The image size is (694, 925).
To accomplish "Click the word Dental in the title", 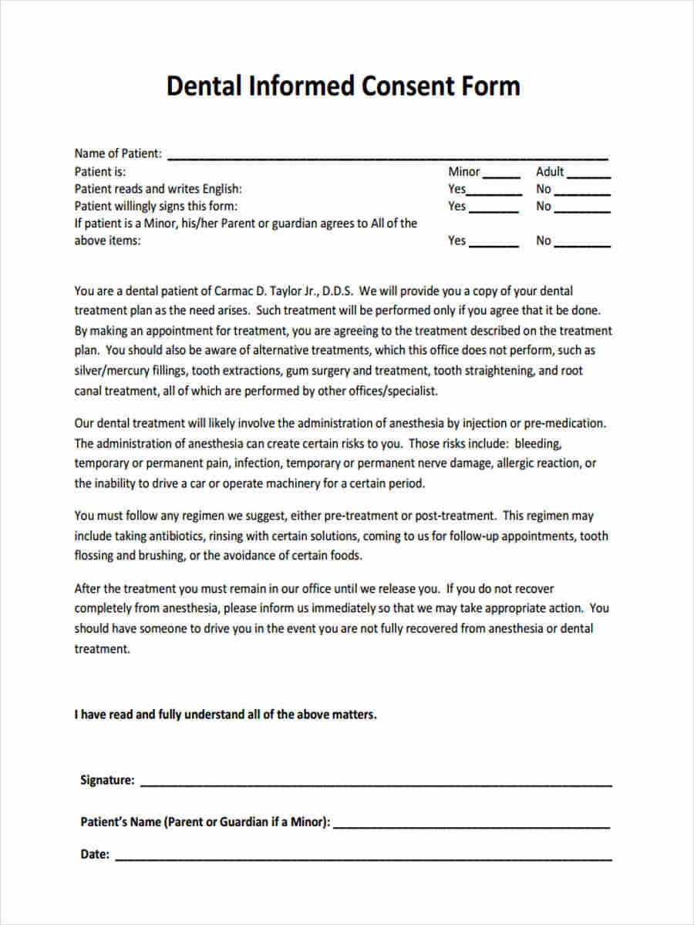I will (x=203, y=86).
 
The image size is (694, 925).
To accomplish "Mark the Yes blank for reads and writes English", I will (x=495, y=191).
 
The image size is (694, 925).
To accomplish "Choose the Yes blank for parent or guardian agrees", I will (x=494, y=243).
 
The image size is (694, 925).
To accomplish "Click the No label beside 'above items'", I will (x=544, y=240).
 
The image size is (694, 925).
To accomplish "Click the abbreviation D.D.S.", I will (x=337, y=291).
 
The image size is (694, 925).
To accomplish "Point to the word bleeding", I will (x=538, y=444).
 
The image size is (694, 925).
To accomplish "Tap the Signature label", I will (x=107, y=780).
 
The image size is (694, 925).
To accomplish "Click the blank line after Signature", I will (x=376, y=782).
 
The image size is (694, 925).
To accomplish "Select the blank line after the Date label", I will (x=363, y=856).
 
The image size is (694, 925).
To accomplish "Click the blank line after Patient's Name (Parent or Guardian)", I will (x=472, y=824).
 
